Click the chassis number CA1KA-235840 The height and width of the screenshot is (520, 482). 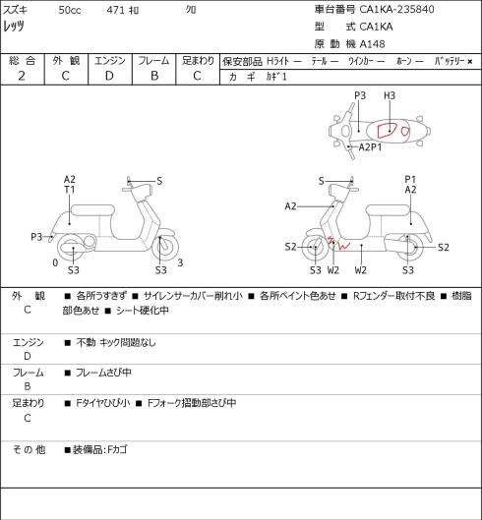click(396, 9)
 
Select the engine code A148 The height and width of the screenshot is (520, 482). click(373, 44)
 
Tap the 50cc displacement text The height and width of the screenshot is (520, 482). click(70, 10)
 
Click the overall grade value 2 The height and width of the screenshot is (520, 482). click(22, 76)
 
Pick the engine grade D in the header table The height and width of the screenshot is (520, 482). click(109, 76)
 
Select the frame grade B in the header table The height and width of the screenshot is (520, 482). click(154, 76)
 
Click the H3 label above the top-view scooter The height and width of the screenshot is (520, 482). click(390, 96)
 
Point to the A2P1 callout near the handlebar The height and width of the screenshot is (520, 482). click(370, 146)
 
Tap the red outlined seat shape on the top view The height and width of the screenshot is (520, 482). click(388, 130)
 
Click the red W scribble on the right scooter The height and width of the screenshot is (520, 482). click(343, 246)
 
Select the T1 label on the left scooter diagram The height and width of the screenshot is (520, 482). click(70, 190)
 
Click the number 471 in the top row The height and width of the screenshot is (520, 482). click(115, 10)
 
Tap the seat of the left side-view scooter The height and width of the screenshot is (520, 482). click(92, 210)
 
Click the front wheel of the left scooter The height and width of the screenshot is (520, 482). click(165, 247)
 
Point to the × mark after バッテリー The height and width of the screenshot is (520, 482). click(470, 61)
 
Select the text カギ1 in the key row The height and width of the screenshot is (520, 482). click(275, 77)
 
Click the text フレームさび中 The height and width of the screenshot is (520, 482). click(103, 373)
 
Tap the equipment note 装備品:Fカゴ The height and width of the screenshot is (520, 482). click(100, 450)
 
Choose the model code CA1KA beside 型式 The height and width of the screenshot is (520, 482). click(376, 27)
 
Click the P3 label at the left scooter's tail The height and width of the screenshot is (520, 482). click(36, 237)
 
